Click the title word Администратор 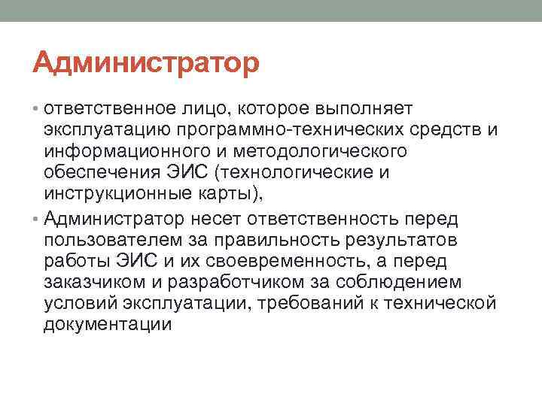(146, 62)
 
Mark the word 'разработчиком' (248, 282)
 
